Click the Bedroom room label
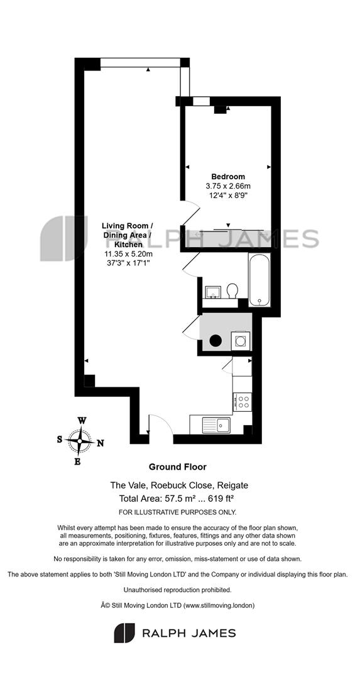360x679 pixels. tap(228, 177)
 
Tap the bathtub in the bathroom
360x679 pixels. tap(259, 279)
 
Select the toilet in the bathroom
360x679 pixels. tap(232, 290)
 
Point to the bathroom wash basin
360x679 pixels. tap(213, 292)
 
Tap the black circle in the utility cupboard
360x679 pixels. tap(215, 341)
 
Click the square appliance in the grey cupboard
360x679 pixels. tap(239, 340)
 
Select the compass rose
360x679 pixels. tap(79, 441)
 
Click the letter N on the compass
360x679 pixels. tap(100, 443)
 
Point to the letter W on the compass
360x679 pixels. tap(81, 420)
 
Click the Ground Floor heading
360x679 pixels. tap(177, 466)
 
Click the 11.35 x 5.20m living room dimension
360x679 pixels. tap(127, 254)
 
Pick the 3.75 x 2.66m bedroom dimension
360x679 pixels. tap(228, 185)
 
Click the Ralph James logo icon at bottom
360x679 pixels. tap(124, 633)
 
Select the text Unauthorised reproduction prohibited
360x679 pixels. tap(177, 590)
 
